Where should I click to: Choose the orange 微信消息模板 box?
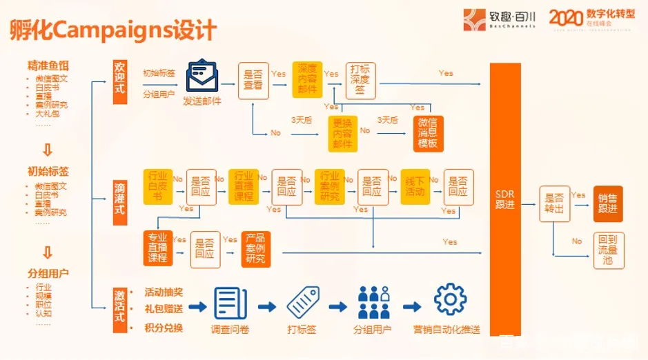[x=428, y=132]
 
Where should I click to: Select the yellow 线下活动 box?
[x=415, y=186]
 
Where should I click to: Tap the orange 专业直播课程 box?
[x=157, y=248]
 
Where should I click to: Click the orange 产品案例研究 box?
[x=255, y=249]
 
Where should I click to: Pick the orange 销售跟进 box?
[x=609, y=203]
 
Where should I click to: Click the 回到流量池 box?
[x=609, y=250]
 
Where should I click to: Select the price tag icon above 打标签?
[x=302, y=301]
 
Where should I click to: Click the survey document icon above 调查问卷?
[x=230, y=302]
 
